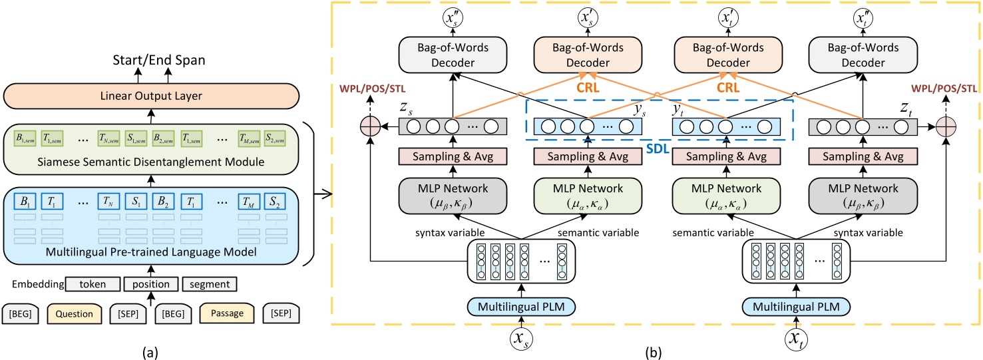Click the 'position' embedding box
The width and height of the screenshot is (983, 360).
[x=150, y=284]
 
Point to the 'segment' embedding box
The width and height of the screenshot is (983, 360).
[x=209, y=284]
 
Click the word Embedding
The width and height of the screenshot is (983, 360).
[x=37, y=284]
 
